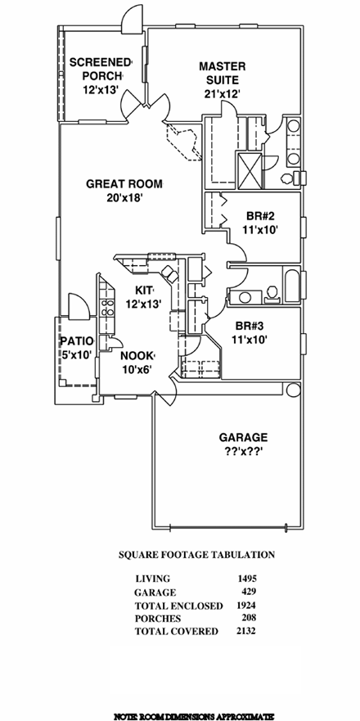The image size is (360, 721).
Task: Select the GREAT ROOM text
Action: (x=124, y=184)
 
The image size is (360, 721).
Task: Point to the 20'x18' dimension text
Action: (x=124, y=198)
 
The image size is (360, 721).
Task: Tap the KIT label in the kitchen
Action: (x=145, y=291)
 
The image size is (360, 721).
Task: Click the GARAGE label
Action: (x=243, y=437)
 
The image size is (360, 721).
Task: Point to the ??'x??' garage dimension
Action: (x=243, y=452)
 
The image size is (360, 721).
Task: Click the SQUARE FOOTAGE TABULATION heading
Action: (x=196, y=554)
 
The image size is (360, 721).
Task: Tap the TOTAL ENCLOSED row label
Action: (x=178, y=606)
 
